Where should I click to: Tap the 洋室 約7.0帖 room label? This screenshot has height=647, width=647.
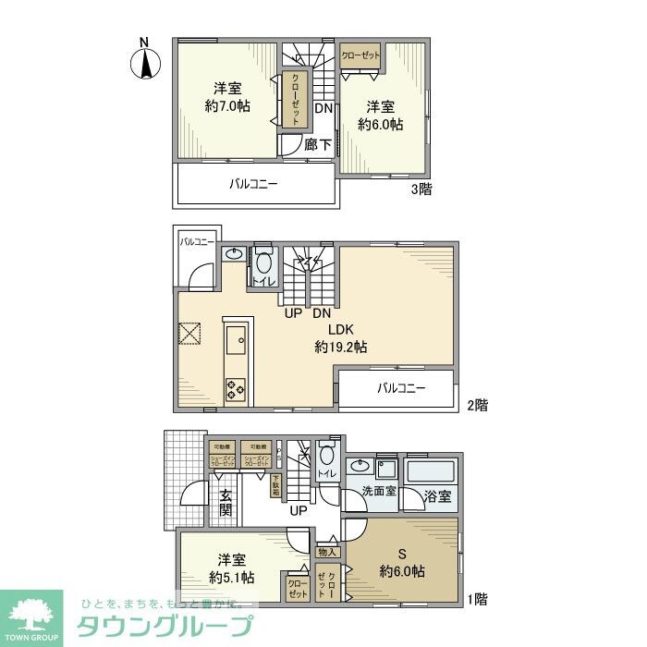pos(227,97)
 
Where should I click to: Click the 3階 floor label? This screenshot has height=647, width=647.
pos(421,189)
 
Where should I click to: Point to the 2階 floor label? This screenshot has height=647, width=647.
pos(476,405)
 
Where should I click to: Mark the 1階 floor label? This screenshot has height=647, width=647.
pos(476,599)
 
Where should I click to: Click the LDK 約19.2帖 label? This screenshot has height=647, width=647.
pos(340,338)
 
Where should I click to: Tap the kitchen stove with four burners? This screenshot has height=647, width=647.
pos(236,389)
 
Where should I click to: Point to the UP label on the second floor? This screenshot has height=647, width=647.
pos(293,313)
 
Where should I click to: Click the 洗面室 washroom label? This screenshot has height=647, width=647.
pos(379,492)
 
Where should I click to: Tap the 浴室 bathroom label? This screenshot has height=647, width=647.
pos(437,496)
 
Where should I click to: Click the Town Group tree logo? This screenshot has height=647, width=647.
pos(31,615)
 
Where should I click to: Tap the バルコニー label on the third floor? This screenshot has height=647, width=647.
pos(254,184)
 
